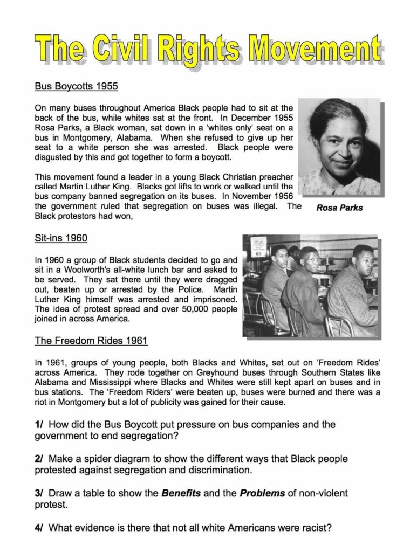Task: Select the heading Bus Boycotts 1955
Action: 76,86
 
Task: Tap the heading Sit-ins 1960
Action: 61,238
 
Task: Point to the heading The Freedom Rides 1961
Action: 91,341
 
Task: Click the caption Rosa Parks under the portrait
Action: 339,208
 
